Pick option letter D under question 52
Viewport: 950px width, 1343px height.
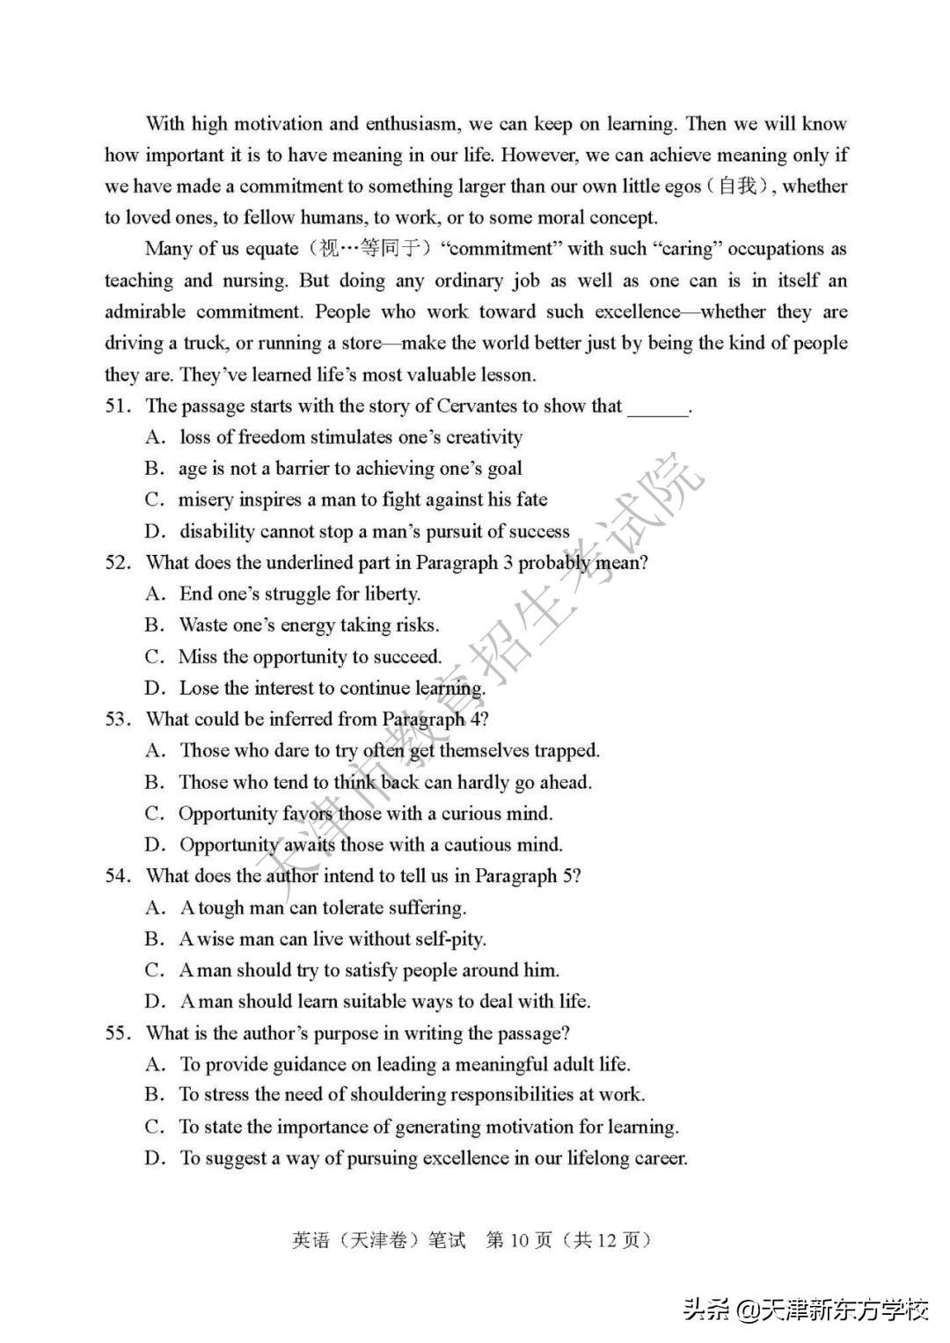[x=155, y=689]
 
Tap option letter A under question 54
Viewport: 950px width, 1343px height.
[x=155, y=908]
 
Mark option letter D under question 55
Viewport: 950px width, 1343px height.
[x=155, y=1158]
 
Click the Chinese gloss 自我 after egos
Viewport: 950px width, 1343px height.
[x=736, y=186]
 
